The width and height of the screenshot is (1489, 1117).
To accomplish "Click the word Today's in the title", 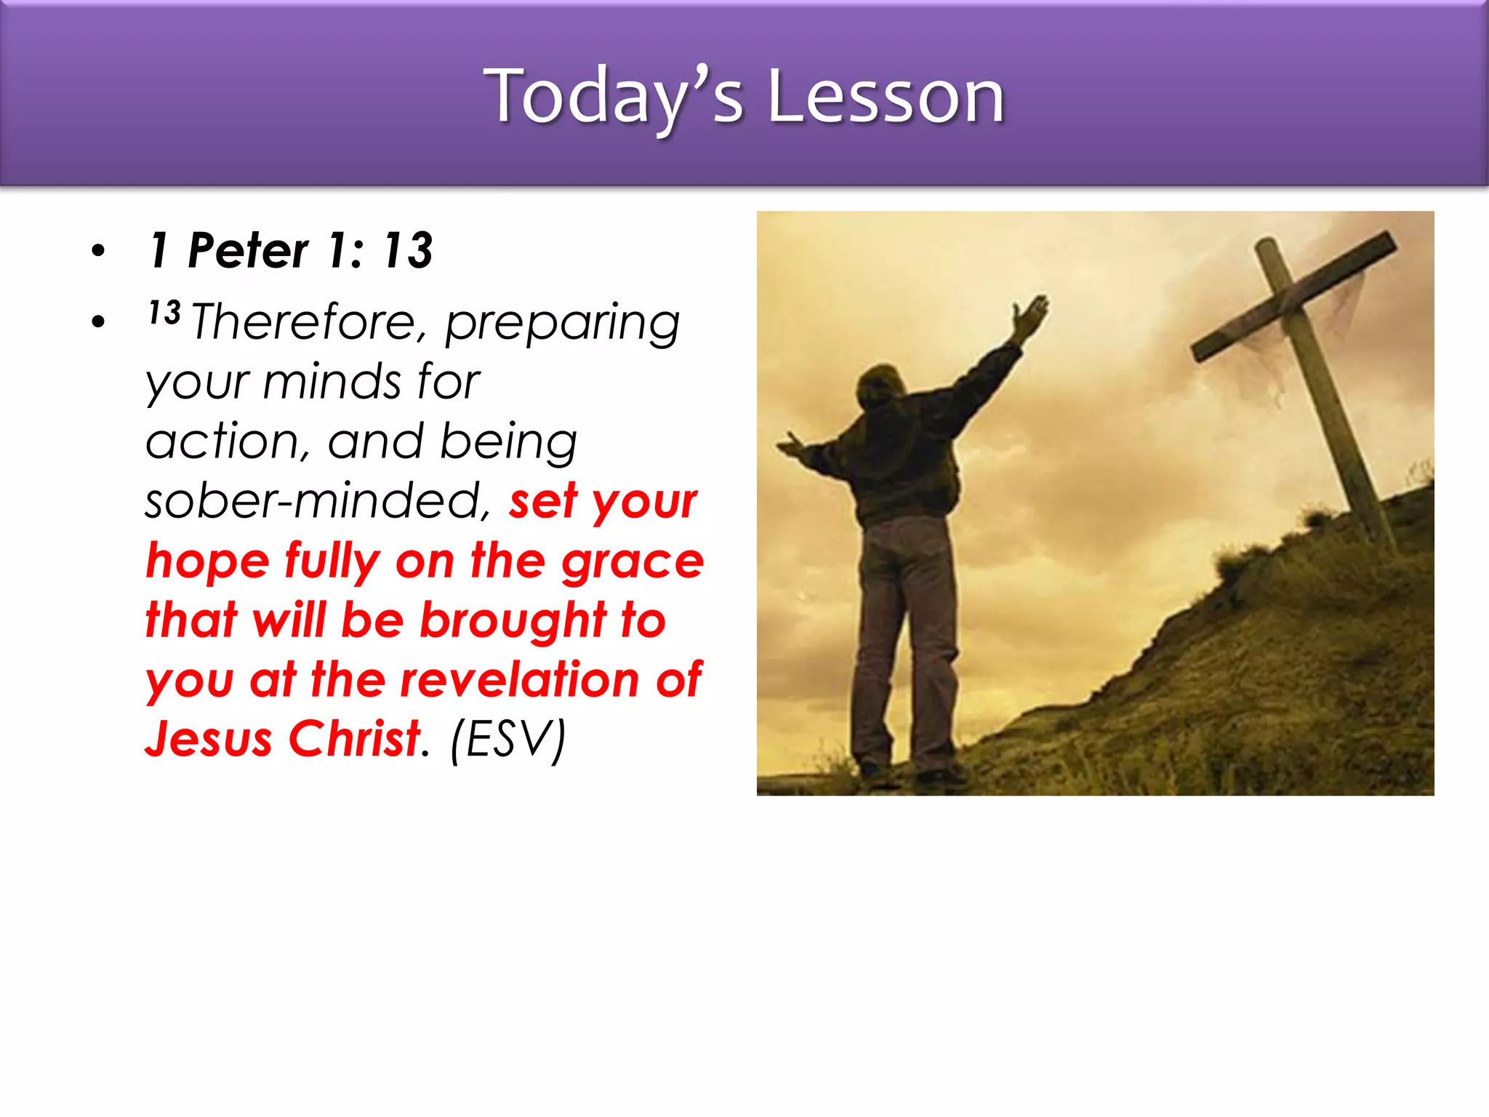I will click(x=614, y=96).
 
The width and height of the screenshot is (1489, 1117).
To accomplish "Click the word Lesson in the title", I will click(x=886, y=96).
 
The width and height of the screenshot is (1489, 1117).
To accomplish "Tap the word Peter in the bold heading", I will click(x=248, y=250).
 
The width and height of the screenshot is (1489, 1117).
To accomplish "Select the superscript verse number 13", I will click(x=164, y=313).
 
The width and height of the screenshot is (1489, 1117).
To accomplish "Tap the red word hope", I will click(x=207, y=562).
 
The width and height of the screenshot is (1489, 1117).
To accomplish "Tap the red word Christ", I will click(x=355, y=739).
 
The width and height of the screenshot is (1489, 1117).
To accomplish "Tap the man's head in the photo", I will click(x=880, y=385).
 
